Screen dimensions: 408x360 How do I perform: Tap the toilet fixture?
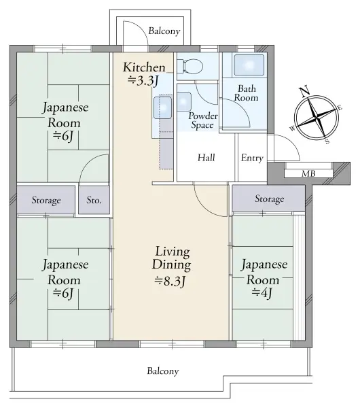[x=190, y=67]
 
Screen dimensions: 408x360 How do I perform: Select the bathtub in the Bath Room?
[x=249, y=66]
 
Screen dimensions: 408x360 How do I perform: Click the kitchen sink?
[x=163, y=107]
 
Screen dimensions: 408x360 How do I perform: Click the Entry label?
[x=251, y=158]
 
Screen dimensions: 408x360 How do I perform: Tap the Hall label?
[x=206, y=158]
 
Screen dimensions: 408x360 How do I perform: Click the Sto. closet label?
[x=94, y=201]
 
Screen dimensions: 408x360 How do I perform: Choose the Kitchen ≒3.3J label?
[x=143, y=73]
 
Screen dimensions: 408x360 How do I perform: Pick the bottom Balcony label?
[x=163, y=371]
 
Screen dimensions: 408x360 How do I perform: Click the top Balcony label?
[x=164, y=31]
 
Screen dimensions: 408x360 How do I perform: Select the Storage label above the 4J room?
[x=269, y=199]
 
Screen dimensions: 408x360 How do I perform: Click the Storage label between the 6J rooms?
[x=46, y=201]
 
